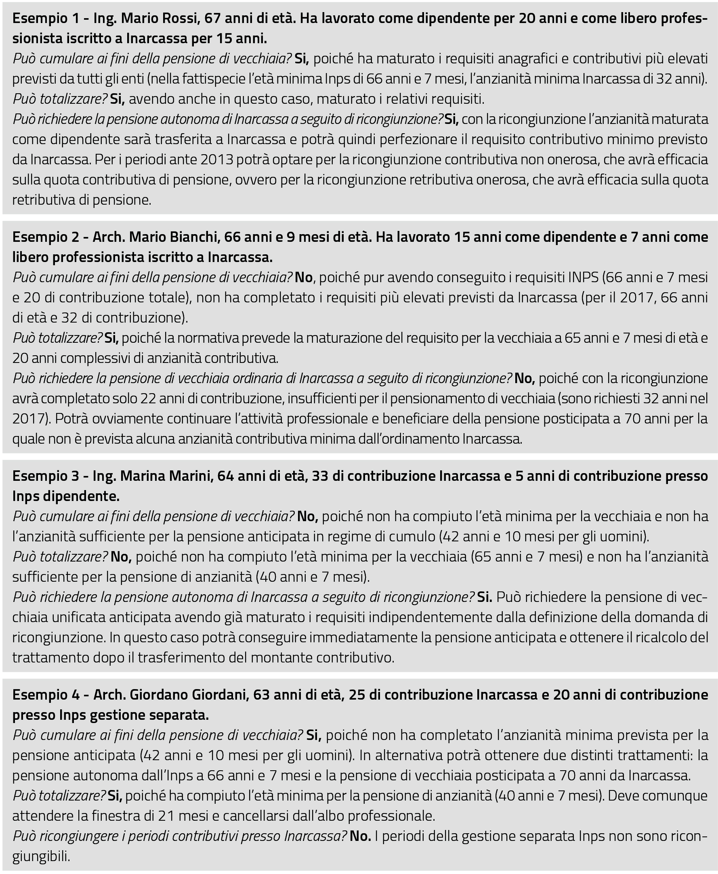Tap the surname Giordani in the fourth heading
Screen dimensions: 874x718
218,695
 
